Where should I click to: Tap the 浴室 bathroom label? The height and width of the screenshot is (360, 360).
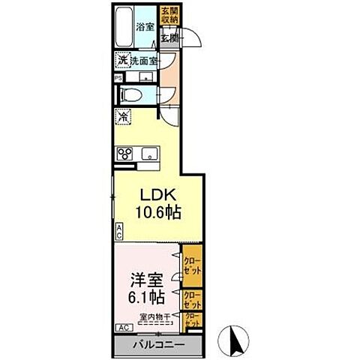[x=145, y=27]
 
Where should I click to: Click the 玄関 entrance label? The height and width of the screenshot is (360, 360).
[x=168, y=37]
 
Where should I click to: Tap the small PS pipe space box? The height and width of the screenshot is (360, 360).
[x=118, y=77]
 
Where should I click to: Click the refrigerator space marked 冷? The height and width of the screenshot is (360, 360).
[x=122, y=118]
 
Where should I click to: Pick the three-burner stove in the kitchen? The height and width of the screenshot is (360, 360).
[x=124, y=154]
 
